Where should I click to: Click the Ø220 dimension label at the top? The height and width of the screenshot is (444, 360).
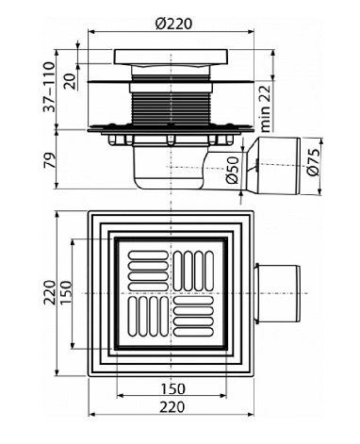pyautogui.click(x=173, y=24)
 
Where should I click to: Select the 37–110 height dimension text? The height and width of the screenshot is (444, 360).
pyautogui.click(x=49, y=87)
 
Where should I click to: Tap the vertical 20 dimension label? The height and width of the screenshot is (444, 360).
pyautogui.click(x=71, y=81)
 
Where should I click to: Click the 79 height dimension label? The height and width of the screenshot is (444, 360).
pyautogui.click(x=49, y=159)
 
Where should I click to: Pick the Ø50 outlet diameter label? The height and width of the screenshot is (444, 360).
pyautogui.click(x=233, y=170)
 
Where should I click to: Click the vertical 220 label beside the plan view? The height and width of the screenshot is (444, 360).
pyautogui.click(x=49, y=292)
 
